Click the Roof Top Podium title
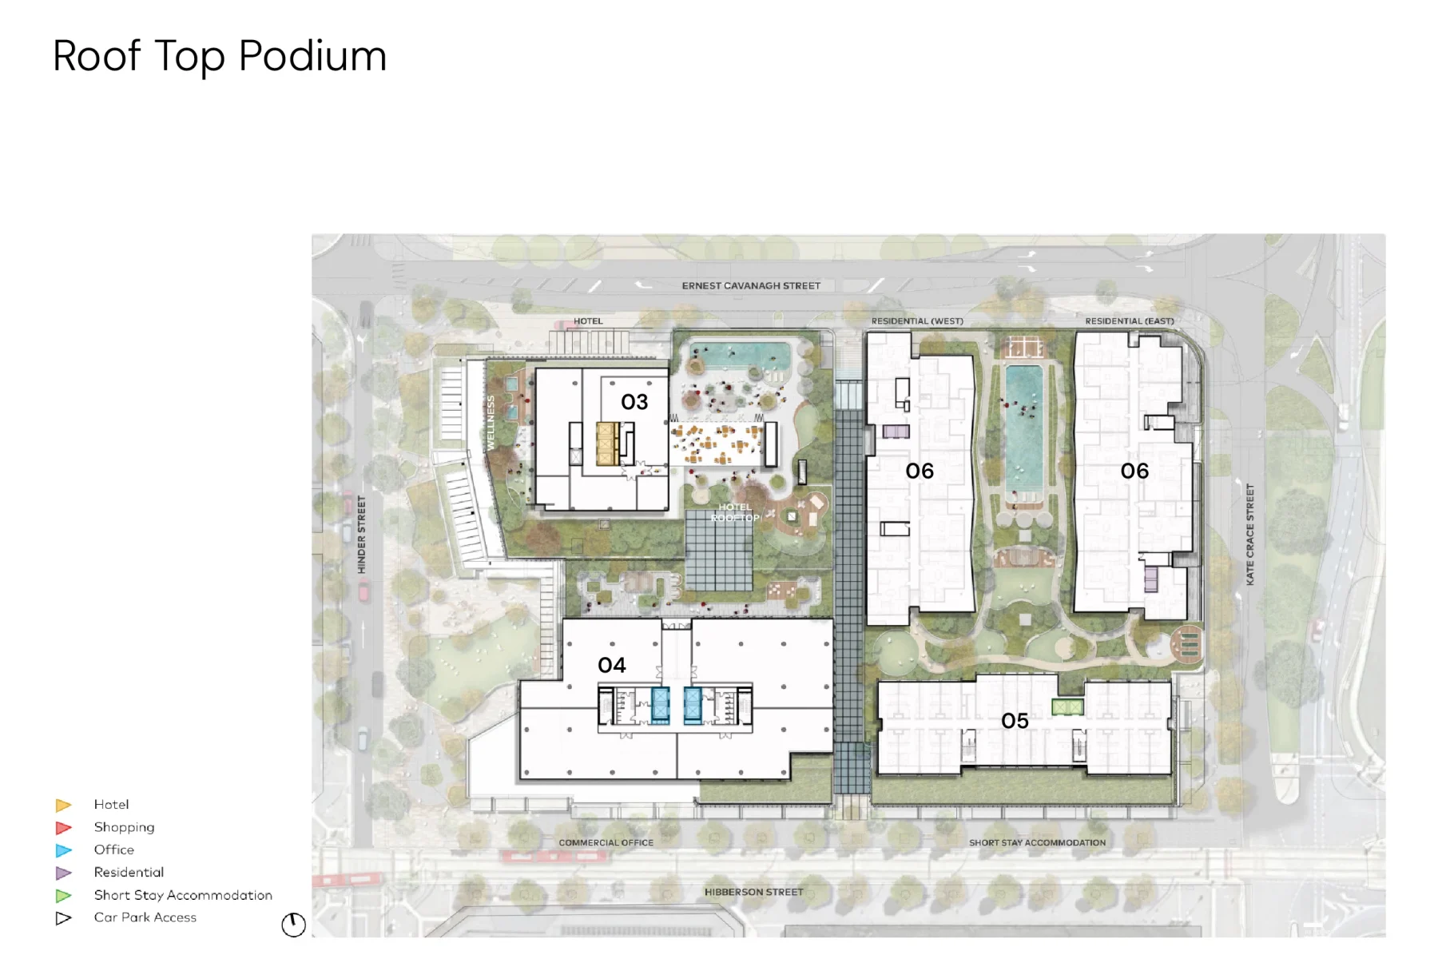pos(220,57)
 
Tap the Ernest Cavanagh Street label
pos(751,285)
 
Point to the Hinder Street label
pos(361,535)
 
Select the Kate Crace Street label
pos(1250,534)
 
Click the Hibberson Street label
pos(754,892)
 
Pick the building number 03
pos(634,402)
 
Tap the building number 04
pos(612,665)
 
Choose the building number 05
pos(1015,721)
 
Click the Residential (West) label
pos(917,321)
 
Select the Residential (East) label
pos(1130,321)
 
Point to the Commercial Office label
pos(606,842)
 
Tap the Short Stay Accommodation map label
pos(1037,842)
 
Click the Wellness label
pos(491,422)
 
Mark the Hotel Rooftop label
pos(735,512)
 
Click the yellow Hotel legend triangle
pos(63,805)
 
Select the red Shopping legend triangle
pos(63,828)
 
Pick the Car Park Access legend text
pos(145,917)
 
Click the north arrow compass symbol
pos(293,925)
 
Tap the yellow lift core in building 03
pos(606,444)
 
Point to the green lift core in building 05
pos(1067,706)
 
